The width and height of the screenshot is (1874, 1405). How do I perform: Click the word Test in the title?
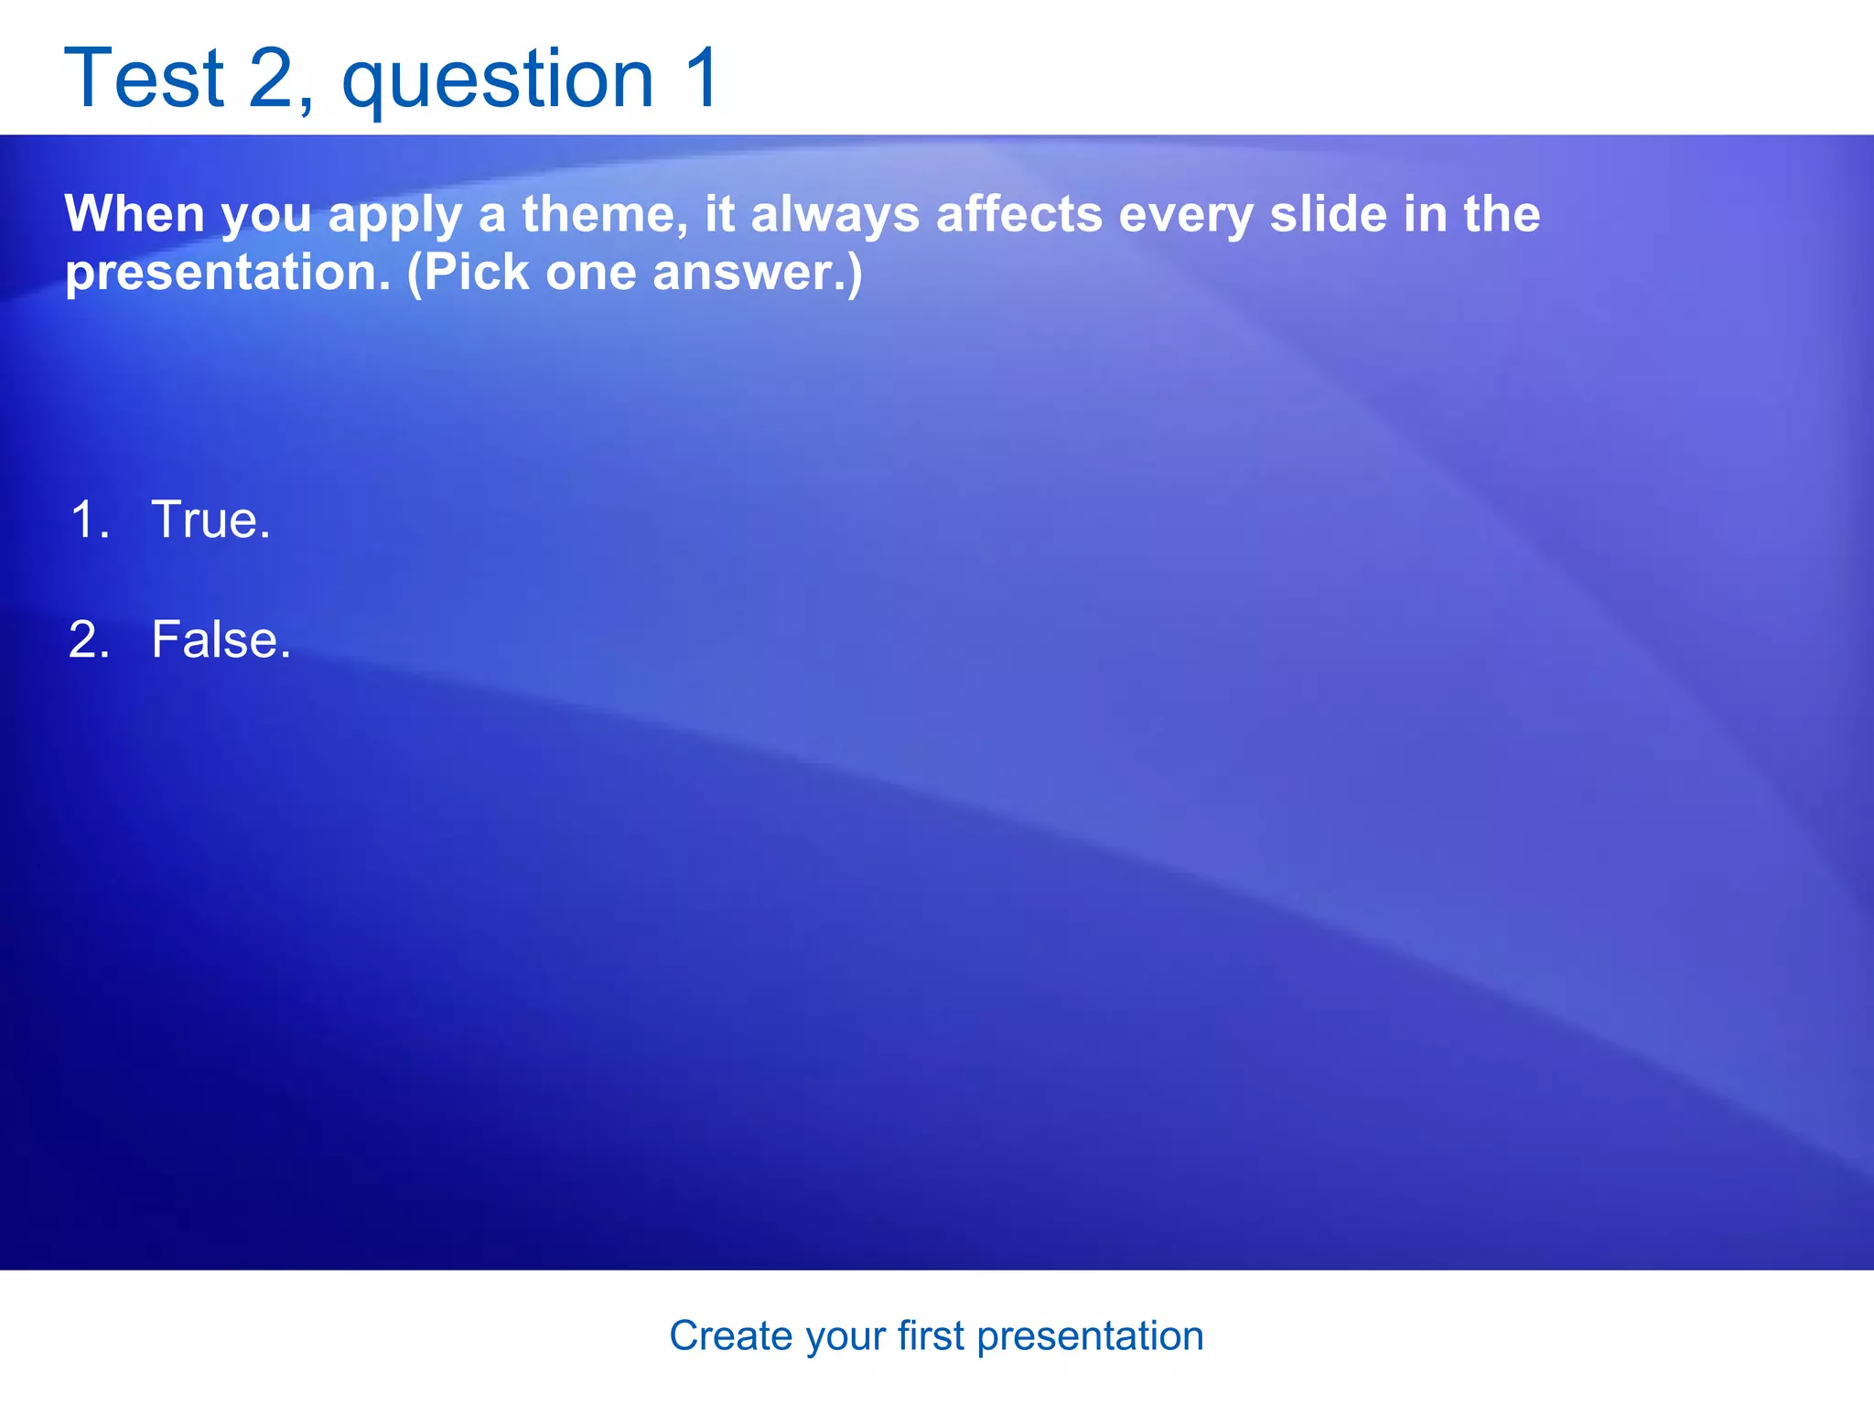point(144,79)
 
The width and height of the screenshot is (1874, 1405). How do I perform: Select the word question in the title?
point(498,82)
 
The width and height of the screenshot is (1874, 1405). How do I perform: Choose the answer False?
point(221,639)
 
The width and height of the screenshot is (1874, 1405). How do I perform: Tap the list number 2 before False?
point(89,639)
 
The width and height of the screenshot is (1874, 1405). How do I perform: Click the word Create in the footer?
point(730,1336)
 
